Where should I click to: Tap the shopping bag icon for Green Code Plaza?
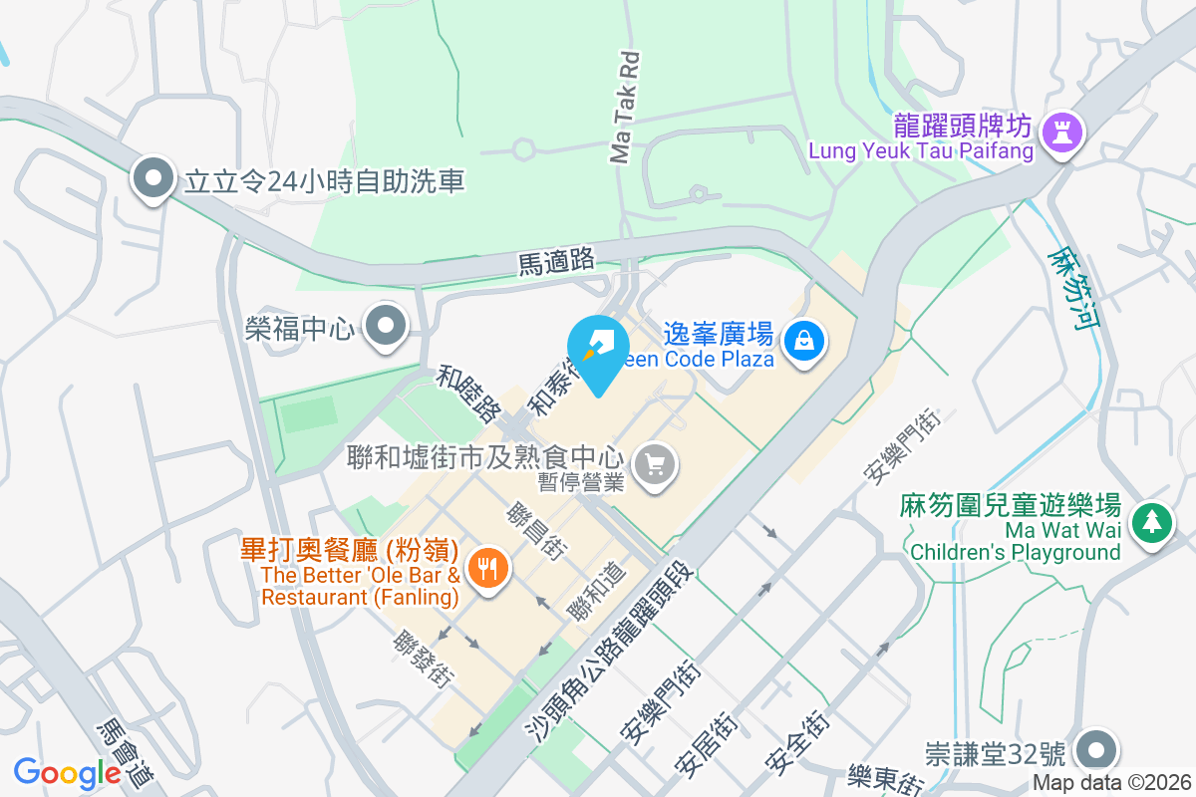click(x=803, y=341)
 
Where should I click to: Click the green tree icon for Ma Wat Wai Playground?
click(x=1152, y=520)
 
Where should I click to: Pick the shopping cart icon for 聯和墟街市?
click(x=655, y=464)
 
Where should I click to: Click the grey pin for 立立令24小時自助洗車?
click(x=153, y=179)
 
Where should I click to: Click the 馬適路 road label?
click(x=556, y=262)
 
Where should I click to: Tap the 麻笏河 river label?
click(x=1071, y=289)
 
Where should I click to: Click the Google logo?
click(x=67, y=773)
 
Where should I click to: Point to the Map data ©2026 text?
click(x=1111, y=783)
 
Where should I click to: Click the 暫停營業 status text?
click(x=580, y=482)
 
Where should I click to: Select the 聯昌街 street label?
click(x=537, y=532)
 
